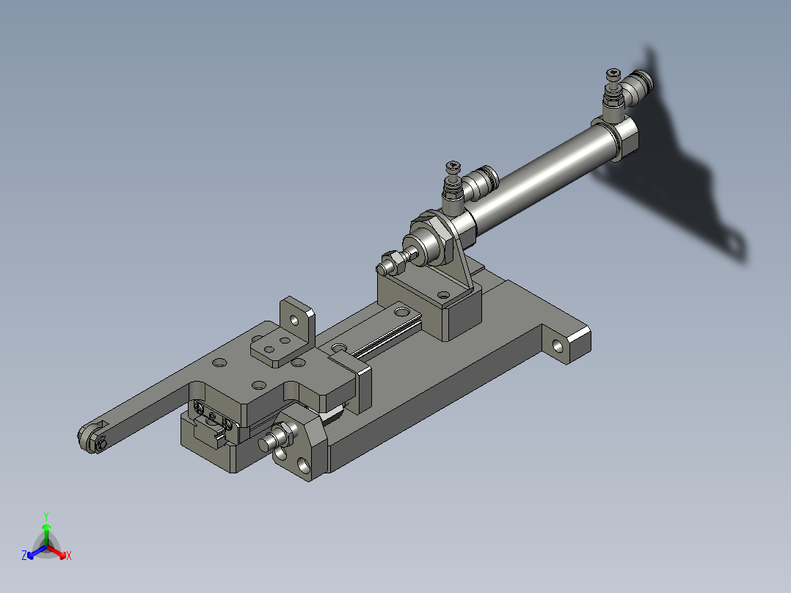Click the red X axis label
click(x=68, y=556)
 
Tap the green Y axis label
click(x=46, y=515)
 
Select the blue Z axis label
click(x=24, y=556)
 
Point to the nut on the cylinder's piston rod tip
click(x=391, y=261)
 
